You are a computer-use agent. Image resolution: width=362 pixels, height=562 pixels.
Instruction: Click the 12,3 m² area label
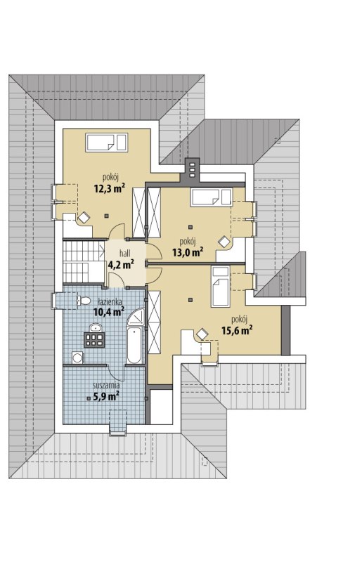110,188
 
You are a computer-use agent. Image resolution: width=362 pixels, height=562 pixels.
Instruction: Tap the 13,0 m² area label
188,252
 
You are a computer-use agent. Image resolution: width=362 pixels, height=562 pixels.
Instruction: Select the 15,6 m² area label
236,329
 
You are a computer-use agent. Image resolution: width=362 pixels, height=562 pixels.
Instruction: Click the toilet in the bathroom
83,301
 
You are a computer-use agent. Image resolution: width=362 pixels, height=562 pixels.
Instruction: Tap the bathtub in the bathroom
134,345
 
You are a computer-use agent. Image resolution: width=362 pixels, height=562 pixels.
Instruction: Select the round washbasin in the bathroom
95,327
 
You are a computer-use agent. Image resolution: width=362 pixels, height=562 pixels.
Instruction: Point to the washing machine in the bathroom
77,358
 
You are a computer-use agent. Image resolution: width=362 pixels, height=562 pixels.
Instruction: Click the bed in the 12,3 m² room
107,143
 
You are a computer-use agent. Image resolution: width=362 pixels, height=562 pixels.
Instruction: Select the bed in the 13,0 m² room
211,197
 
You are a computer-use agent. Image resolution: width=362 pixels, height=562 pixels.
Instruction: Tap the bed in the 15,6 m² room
220,286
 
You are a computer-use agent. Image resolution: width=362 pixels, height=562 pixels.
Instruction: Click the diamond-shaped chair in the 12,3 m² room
84,218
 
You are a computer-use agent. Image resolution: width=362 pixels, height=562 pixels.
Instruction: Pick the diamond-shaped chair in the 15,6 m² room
202,334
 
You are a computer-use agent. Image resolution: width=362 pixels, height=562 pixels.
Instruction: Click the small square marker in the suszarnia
89,398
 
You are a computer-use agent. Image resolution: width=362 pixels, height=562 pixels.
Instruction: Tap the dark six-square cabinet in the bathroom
94,340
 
